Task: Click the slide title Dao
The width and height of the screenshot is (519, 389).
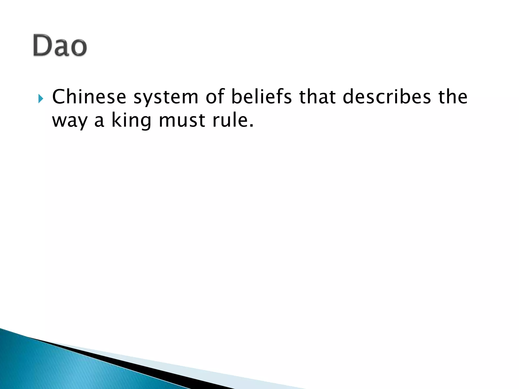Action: (x=60, y=45)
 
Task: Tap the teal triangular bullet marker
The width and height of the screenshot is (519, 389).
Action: (x=41, y=98)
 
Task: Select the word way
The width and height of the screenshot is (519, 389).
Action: (x=69, y=121)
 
